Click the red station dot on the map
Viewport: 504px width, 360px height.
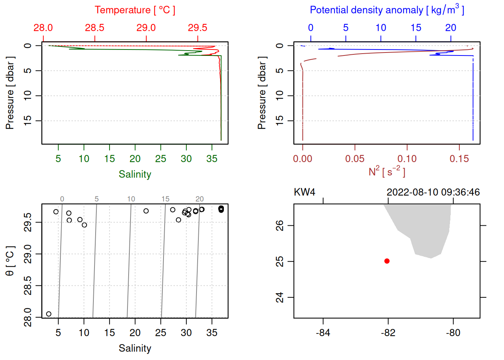coord(387,261)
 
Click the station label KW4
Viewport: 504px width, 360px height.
coord(304,192)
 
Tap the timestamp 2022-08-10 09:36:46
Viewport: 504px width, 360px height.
coord(433,192)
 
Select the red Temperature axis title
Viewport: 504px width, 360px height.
coord(135,10)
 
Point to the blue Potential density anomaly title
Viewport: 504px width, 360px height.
coord(387,10)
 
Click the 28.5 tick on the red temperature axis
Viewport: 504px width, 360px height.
coord(94,28)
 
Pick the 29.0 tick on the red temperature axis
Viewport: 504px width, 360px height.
coord(146,28)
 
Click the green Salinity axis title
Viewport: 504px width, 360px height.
coord(135,174)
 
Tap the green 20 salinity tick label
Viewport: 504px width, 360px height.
coord(135,159)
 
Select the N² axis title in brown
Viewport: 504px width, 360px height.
coord(387,172)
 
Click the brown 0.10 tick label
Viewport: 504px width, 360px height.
coord(407,159)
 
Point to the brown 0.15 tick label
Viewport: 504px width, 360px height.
coord(459,159)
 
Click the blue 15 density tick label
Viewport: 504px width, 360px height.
coord(416,28)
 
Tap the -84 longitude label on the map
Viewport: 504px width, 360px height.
coord(323,333)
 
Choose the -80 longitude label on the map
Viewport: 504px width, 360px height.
coord(453,333)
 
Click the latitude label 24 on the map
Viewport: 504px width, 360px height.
coord(280,297)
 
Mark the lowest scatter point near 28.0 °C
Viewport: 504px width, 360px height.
coord(49,314)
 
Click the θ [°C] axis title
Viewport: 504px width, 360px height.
coord(10,261)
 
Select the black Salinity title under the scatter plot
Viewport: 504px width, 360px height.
coord(135,348)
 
